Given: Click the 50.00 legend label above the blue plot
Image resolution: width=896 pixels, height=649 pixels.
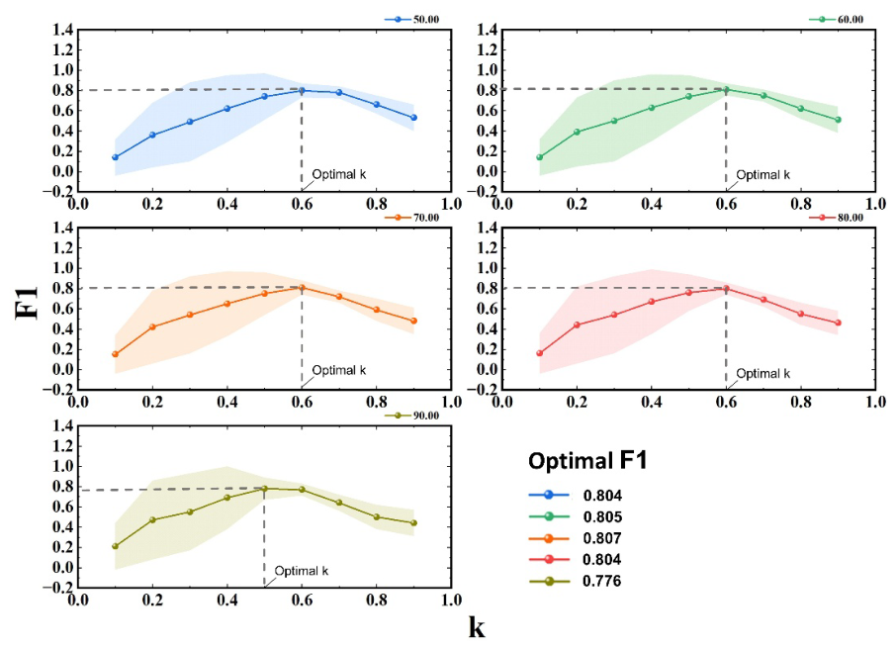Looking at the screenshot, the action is coord(425,20).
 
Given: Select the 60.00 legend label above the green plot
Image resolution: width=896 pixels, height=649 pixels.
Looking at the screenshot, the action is coord(851,20).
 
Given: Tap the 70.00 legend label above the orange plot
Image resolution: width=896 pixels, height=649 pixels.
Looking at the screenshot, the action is coord(425,218).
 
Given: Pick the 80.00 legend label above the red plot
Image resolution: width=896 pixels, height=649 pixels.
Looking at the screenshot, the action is coord(851,218).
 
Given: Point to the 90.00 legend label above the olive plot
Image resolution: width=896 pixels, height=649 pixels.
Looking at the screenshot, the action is coord(425,416).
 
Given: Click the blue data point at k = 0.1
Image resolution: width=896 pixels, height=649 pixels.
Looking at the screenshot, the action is coord(116,157).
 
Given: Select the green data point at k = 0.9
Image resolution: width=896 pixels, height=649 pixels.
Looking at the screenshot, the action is coord(839,120).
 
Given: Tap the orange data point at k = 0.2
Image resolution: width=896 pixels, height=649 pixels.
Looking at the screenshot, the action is coord(152,327).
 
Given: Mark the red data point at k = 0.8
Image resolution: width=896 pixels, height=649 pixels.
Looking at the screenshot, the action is coord(801,314).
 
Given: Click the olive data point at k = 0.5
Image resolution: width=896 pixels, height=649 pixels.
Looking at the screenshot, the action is coord(265,489).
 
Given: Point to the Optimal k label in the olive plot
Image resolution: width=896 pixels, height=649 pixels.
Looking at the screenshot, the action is coord(302,571).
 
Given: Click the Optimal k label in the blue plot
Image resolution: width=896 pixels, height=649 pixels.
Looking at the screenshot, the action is coord(339,174).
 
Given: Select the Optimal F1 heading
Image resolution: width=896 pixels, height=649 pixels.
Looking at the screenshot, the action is coord(587,461).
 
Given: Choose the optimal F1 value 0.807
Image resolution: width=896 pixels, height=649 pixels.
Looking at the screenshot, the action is coord(602,538).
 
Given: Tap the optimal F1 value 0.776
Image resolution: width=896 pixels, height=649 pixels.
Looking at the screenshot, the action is coord(602,581).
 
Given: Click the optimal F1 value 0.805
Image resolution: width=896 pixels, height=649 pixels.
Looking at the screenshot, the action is coord(602,516).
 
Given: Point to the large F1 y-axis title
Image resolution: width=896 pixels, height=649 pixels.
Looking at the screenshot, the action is coord(27,303).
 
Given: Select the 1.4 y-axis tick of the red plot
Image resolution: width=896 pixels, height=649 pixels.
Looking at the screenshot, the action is coord(487,229).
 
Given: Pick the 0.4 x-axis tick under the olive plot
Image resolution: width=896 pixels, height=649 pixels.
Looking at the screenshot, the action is coord(227,600).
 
